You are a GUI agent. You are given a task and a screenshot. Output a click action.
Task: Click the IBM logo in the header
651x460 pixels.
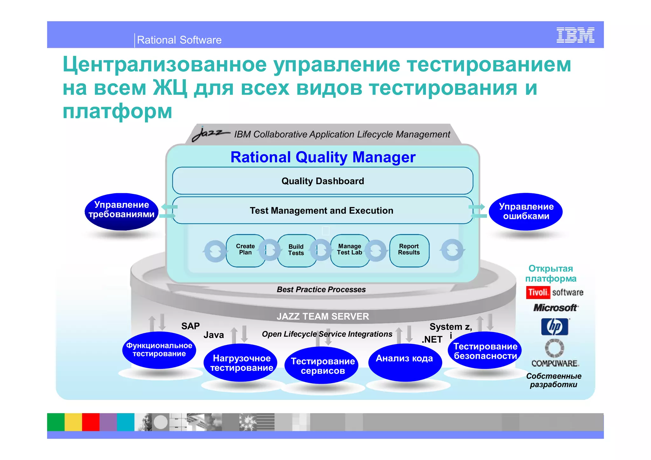click(575, 35)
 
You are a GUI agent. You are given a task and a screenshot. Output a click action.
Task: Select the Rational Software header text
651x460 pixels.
click(179, 40)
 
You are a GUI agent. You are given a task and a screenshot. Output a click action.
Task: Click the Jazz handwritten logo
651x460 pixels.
click(210, 134)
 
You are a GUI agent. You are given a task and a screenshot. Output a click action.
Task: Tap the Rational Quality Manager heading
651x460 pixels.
click(323, 157)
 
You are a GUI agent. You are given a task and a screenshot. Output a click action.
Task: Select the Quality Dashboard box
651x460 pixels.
click(323, 181)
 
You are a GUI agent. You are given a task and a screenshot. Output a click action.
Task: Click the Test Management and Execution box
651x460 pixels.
click(321, 210)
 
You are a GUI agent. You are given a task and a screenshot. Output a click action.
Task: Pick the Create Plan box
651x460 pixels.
click(245, 250)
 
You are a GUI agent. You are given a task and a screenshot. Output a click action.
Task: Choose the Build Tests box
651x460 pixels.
click(296, 250)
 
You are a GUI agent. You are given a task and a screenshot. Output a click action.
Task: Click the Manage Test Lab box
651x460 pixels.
click(349, 250)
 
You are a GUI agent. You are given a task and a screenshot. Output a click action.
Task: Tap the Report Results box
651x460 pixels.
click(409, 250)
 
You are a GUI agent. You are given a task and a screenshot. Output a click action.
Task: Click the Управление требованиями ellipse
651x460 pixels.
click(122, 211)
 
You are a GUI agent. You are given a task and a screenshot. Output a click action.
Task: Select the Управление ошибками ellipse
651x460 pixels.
click(526, 212)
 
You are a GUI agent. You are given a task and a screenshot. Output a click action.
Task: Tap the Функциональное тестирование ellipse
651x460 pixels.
click(159, 350)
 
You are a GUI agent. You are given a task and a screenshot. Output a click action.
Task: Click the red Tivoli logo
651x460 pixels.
click(538, 292)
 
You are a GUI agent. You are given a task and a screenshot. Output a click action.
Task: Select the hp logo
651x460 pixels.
click(555, 327)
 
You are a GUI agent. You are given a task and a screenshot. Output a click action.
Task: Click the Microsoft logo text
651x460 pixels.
click(555, 308)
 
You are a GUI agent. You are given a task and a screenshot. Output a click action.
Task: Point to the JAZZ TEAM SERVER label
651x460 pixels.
click(323, 316)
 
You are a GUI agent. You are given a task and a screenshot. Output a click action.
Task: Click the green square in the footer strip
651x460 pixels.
click(56, 422)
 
